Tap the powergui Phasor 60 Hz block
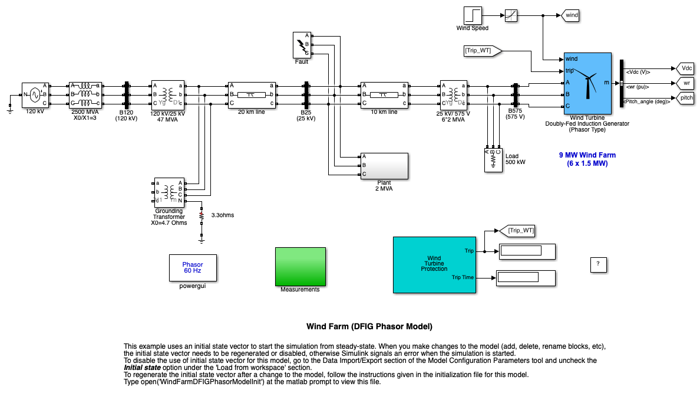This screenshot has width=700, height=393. pyautogui.click(x=193, y=268)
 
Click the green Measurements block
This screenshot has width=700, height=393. pyautogui.click(x=300, y=266)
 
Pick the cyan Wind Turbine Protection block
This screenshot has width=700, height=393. pyautogui.click(x=434, y=264)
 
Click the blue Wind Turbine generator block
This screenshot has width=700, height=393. pyautogui.click(x=587, y=83)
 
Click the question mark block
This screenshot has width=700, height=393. pyautogui.click(x=599, y=264)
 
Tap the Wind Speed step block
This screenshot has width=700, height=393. pyautogui.click(x=472, y=15)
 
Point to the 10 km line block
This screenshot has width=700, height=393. pyautogui.click(x=384, y=94)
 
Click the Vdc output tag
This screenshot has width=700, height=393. pyautogui.click(x=686, y=68)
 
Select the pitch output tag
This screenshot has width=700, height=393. pyautogui.click(x=686, y=98)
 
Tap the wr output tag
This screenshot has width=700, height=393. pyautogui.click(x=686, y=83)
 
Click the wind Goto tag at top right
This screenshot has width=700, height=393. pyautogui.click(x=571, y=15)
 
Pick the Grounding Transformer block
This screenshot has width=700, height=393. pyautogui.click(x=170, y=192)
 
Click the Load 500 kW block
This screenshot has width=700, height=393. pyautogui.click(x=493, y=159)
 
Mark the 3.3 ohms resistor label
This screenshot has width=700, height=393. pyautogui.click(x=223, y=215)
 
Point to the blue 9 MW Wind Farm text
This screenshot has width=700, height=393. pyautogui.click(x=587, y=159)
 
